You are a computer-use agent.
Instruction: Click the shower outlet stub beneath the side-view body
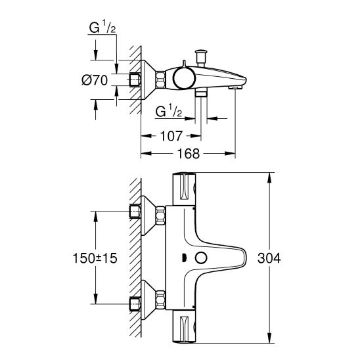[202, 94]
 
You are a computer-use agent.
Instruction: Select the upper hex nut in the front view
[136, 212]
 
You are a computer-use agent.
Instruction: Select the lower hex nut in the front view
[136, 304]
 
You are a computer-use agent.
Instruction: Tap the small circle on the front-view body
[202, 258]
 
